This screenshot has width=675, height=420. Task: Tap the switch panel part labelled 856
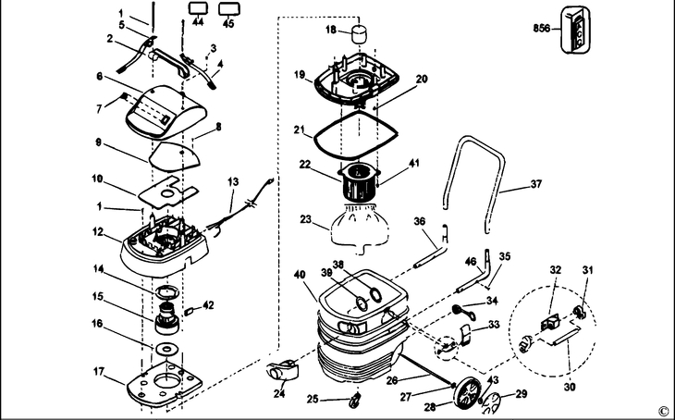tap(580, 29)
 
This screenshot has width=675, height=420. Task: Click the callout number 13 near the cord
tap(233, 181)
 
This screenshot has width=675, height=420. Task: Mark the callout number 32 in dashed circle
tap(556, 270)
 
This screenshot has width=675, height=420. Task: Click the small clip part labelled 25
tap(353, 400)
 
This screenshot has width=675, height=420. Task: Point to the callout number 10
tap(96, 177)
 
